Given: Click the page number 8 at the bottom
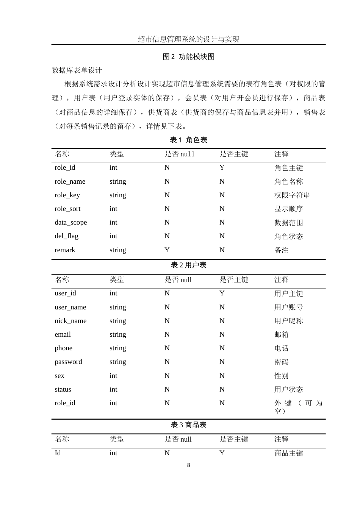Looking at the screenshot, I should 188,465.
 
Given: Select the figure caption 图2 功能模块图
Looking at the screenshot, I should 189,57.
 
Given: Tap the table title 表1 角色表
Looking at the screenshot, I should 189,140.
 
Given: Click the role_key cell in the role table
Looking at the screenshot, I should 67,195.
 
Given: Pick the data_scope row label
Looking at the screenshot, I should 71,222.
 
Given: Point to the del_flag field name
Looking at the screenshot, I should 67,236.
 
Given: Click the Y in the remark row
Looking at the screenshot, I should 167,250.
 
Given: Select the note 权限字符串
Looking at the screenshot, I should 292,195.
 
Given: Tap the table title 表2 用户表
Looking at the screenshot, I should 189,265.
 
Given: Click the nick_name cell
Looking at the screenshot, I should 70,321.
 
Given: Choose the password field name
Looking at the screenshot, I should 68,362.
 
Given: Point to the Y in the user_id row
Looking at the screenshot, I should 222,293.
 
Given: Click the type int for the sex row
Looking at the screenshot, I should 113,376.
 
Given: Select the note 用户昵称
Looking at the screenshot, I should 288,321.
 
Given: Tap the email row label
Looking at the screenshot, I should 63,334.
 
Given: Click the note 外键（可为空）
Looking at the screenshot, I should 298,407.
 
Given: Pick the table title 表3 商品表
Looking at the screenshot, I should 189,425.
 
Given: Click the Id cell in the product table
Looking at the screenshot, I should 58,453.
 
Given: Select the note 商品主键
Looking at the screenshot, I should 288,453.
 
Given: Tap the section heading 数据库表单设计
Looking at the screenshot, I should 77,70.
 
